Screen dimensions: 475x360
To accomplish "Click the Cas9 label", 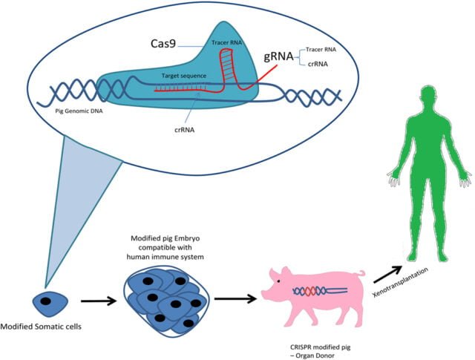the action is pos(163,44).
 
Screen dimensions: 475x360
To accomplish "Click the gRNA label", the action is pos(278,56).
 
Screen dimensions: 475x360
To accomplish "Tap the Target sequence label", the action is pos(184,76).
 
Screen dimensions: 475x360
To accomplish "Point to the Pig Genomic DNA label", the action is pos(79,111).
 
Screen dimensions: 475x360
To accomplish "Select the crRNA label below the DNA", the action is pos(185,130).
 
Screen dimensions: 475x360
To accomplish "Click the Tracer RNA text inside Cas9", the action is pos(226,43).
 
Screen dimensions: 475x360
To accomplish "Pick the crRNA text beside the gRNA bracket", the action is pos(318,64).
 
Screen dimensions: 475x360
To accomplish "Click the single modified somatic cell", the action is pos(50,303).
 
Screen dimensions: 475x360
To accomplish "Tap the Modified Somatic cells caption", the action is pos(41,327).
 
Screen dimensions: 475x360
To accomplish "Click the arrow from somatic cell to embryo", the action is pos(99,301).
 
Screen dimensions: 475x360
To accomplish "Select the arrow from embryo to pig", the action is pos(236,299).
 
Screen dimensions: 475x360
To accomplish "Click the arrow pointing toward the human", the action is pos(388,274).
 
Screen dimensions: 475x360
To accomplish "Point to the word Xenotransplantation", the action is pos(400,282).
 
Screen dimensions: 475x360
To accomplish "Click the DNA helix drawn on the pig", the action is pos(320,291).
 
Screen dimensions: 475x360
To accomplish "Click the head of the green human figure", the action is pos(430,97).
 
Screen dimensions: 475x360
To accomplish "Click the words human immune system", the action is pos(165,257).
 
